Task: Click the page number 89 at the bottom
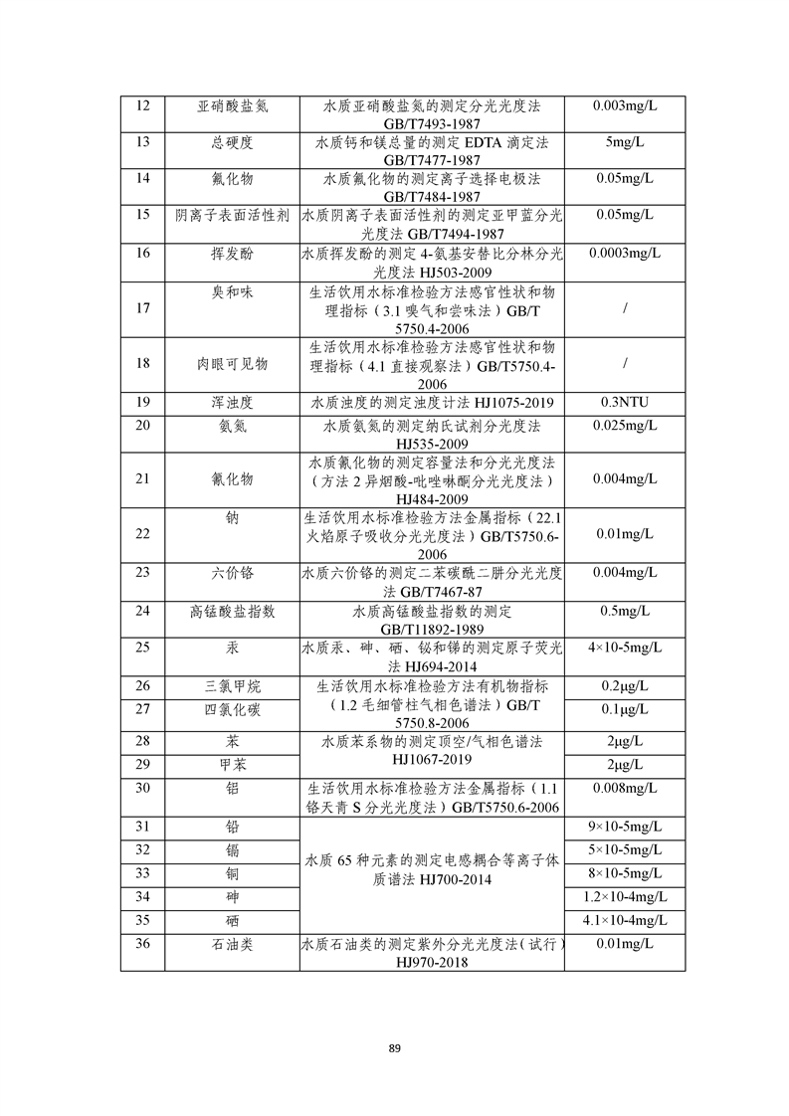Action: (x=395, y=1048)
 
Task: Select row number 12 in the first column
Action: (x=142, y=105)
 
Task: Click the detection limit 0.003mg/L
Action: (x=624, y=105)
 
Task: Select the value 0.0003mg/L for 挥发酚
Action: (x=624, y=253)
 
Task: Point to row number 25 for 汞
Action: (x=142, y=648)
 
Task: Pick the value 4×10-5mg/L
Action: (x=624, y=648)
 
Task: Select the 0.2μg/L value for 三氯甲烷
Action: (x=624, y=685)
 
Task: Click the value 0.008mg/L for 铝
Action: (x=624, y=788)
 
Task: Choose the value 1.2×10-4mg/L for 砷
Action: (x=624, y=896)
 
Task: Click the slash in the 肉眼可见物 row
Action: (x=624, y=364)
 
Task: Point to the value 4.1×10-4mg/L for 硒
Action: (x=624, y=920)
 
